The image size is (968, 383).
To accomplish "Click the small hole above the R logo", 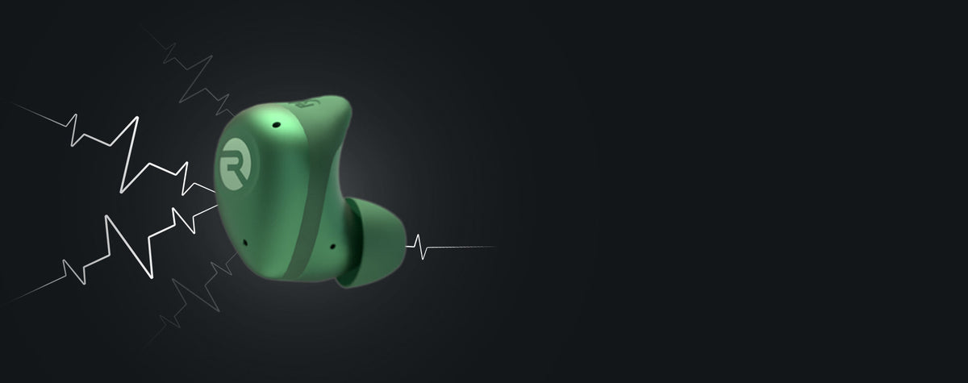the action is (x=276, y=125).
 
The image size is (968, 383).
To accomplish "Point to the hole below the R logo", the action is (x=245, y=243).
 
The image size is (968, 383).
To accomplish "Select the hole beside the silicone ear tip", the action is (x=332, y=247).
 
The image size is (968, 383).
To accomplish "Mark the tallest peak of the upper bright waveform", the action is (x=136, y=118).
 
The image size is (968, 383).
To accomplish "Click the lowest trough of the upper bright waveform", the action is (x=122, y=191).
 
